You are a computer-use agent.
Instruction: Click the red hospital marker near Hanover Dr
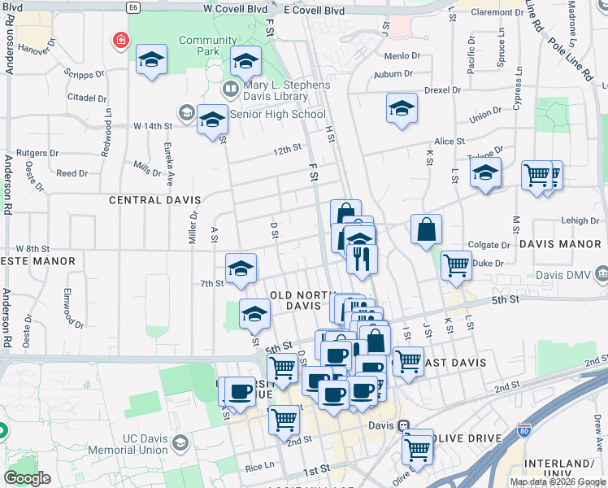coord(120,39)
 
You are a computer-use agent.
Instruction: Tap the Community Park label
coord(196,46)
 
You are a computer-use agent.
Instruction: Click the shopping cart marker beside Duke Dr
coord(456,264)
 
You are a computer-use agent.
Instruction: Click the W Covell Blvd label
coord(235,8)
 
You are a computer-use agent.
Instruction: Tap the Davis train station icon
coord(404,425)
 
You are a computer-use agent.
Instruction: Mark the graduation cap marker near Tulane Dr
coord(485,172)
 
